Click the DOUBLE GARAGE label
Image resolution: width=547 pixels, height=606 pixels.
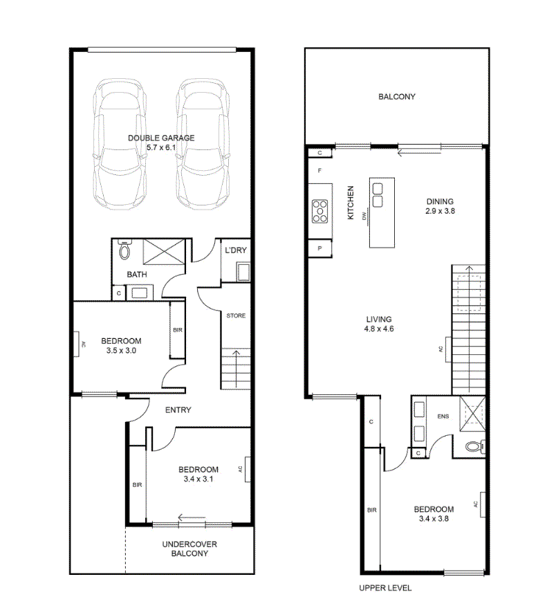(x=161, y=138)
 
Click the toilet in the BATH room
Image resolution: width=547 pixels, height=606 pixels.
(x=124, y=250)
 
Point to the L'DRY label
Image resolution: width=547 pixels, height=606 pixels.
(x=236, y=250)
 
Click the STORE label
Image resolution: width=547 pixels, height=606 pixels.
(x=236, y=315)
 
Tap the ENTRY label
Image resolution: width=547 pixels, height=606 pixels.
(x=178, y=410)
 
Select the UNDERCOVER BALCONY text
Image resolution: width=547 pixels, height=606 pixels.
(x=189, y=549)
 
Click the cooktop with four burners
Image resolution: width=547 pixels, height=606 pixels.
(x=320, y=211)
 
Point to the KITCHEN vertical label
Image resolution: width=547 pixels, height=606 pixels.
(x=351, y=203)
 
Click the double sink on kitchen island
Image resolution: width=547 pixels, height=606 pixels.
(x=378, y=195)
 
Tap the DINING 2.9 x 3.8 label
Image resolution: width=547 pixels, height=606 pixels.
(x=440, y=206)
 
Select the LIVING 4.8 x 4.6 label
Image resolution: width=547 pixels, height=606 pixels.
(x=379, y=324)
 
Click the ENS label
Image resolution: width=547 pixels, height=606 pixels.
(x=443, y=416)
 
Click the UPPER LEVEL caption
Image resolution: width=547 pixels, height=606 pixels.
(x=385, y=588)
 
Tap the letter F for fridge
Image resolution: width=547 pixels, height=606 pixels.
(x=319, y=170)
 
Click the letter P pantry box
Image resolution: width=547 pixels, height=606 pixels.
(x=320, y=248)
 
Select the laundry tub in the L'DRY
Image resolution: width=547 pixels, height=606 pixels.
(x=243, y=272)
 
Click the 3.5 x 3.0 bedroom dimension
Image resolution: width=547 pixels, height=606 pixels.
(x=121, y=351)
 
